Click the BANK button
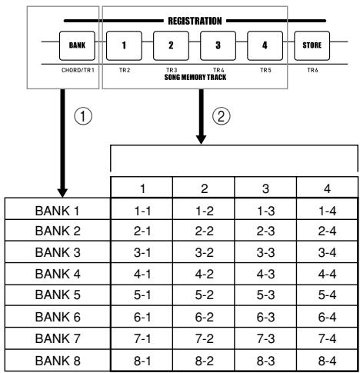(x=77, y=45)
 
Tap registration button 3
(x=218, y=45)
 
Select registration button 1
(x=124, y=45)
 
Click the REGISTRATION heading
(x=195, y=21)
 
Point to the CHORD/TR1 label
(x=78, y=70)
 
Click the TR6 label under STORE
(x=312, y=70)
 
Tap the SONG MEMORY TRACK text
(x=195, y=77)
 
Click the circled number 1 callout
(x=83, y=116)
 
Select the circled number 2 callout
(x=222, y=116)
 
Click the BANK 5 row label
(x=58, y=295)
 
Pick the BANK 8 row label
(x=58, y=361)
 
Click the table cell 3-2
(x=204, y=253)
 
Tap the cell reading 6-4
(x=327, y=318)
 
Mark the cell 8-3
(x=265, y=361)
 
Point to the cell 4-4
(x=327, y=275)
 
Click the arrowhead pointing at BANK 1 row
(x=62, y=193)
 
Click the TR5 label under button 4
(x=265, y=70)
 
